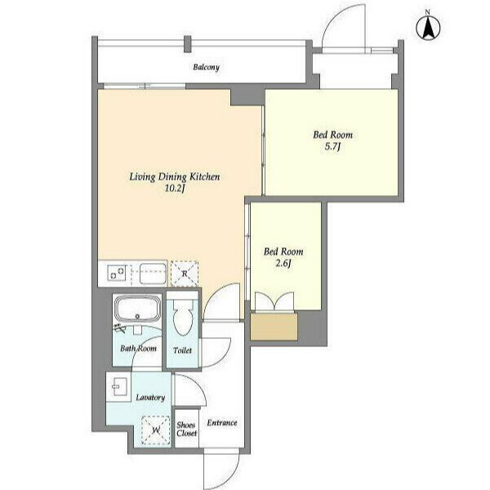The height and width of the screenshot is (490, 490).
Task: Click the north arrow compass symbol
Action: [x=428, y=27]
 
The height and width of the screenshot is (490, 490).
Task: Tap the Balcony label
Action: [x=207, y=67]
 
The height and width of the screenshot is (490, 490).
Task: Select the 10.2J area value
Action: [x=175, y=189]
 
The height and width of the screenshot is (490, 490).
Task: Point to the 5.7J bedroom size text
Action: [x=333, y=146]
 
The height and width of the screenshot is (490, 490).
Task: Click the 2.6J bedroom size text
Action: [x=283, y=264]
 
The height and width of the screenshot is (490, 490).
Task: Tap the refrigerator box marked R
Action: [x=185, y=274]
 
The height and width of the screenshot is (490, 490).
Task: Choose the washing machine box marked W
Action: [x=156, y=430]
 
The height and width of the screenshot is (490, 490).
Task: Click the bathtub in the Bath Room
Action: [x=137, y=309]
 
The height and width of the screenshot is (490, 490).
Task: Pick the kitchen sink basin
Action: [x=153, y=274]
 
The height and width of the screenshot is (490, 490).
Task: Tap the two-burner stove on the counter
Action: [x=117, y=273]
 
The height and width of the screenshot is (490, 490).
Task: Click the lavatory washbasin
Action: [x=118, y=386]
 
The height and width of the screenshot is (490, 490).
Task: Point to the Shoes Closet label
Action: [x=186, y=429]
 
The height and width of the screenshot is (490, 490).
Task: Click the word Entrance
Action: [x=222, y=423]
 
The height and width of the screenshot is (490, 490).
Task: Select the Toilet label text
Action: [x=182, y=350]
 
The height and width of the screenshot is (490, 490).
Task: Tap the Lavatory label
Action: [x=150, y=398]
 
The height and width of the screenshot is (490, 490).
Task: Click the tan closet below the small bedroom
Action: [x=274, y=326]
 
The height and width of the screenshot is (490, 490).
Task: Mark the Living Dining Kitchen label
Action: [x=175, y=177]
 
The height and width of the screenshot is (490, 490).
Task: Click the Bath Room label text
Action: [x=139, y=348]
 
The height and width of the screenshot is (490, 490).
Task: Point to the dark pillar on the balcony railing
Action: [x=187, y=44]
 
